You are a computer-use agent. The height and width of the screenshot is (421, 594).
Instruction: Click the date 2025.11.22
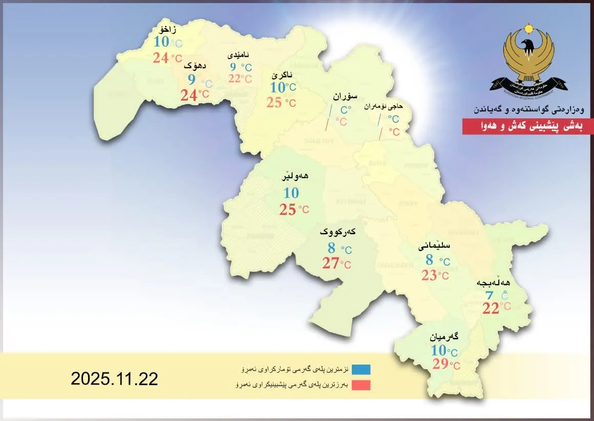click(114, 379)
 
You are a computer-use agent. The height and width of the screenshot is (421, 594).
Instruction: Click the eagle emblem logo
click(528, 59)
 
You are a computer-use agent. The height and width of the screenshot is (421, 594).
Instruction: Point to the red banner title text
click(527, 127)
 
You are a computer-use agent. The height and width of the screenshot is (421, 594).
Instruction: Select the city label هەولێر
click(295, 176)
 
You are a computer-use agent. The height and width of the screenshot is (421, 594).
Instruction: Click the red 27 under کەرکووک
click(330, 264)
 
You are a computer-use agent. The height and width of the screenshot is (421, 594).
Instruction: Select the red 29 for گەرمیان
click(440, 365)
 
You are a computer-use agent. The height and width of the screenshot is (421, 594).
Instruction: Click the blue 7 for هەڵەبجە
click(490, 296)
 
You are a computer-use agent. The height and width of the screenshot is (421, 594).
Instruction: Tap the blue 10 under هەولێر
click(291, 193)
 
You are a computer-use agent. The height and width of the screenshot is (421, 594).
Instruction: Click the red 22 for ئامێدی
click(235, 78)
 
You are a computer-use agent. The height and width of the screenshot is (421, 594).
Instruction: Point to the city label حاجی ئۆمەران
click(384, 107)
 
